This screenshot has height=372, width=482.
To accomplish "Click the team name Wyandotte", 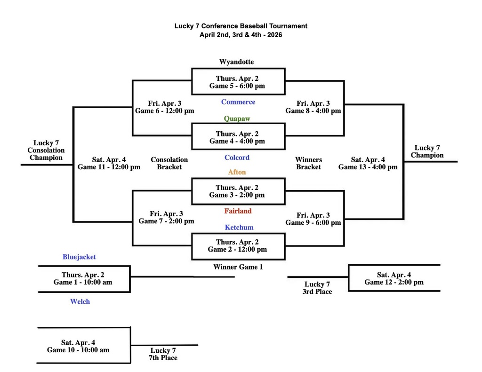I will [236, 62].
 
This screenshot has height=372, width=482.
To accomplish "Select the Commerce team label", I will [238, 102].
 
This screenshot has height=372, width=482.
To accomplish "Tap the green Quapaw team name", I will [237, 119].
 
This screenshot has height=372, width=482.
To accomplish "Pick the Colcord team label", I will [237, 158].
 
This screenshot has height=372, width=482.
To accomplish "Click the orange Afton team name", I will [237, 172].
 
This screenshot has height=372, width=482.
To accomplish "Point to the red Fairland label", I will [238, 211].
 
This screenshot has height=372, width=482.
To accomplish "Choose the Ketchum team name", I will [239, 228].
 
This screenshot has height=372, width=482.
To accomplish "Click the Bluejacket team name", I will [79, 257].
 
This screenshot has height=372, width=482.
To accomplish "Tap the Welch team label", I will [80, 301].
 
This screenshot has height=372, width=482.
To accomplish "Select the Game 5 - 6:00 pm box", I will [237, 82].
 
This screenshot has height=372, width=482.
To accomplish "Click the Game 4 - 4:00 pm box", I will [237, 137].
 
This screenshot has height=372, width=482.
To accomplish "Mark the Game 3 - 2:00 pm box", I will [237, 191].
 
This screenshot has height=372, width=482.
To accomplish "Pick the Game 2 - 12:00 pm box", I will [237, 245].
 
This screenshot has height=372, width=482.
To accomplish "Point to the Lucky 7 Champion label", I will [427, 151].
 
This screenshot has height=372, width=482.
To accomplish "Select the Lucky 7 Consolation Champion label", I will [46, 150].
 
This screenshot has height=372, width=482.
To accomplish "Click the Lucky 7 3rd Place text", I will [317, 288].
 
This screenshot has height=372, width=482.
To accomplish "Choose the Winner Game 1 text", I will [238, 267].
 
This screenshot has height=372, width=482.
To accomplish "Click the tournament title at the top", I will [241, 26].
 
